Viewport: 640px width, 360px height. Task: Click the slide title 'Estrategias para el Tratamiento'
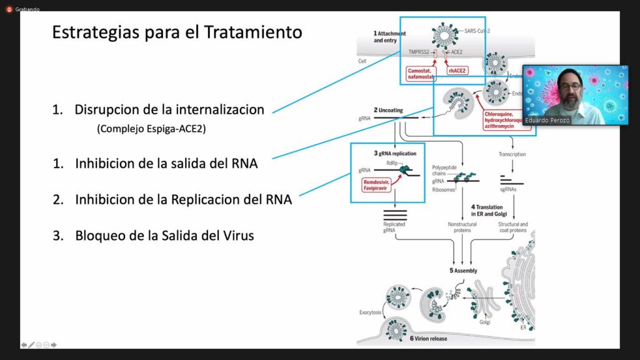(177, 32)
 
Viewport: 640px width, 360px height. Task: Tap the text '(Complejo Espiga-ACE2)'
(152, 129)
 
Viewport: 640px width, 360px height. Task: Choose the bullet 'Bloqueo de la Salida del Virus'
(164, 236)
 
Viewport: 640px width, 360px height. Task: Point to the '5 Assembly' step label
(463, 271)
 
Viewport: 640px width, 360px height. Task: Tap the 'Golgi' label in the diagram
(484, 322)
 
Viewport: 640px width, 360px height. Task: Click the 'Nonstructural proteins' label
(462, 227)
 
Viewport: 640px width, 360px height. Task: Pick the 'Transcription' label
(512, 154)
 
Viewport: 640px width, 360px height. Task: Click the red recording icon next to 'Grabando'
(9, 9)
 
